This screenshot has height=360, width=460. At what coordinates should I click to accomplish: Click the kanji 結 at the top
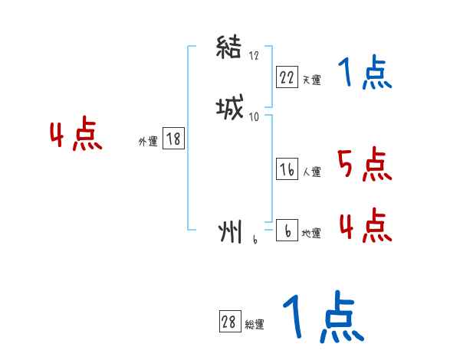230,50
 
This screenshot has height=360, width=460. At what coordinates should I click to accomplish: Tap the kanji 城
230,110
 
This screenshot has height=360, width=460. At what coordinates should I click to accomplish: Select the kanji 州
230,231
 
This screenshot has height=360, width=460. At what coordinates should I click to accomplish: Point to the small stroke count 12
255,56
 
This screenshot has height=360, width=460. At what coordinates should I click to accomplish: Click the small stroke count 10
255,116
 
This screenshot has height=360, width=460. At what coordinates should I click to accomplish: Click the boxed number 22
287,77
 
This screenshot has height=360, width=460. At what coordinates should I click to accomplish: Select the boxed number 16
287,170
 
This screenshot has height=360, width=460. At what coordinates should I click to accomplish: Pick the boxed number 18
173,139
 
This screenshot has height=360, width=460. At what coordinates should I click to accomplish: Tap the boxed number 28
228,322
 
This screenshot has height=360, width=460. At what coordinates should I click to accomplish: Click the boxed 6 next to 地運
287,231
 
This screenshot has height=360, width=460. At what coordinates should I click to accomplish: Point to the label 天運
311,80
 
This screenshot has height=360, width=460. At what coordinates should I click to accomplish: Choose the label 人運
312,172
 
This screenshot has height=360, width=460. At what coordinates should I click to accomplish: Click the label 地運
311,233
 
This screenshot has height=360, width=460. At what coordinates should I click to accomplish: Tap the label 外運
148,141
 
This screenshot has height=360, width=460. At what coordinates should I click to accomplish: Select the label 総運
255,325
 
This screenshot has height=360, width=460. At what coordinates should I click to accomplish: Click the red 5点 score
364,163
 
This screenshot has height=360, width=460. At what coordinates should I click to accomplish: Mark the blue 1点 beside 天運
365,74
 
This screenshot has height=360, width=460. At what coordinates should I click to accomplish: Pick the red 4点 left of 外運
76,136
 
